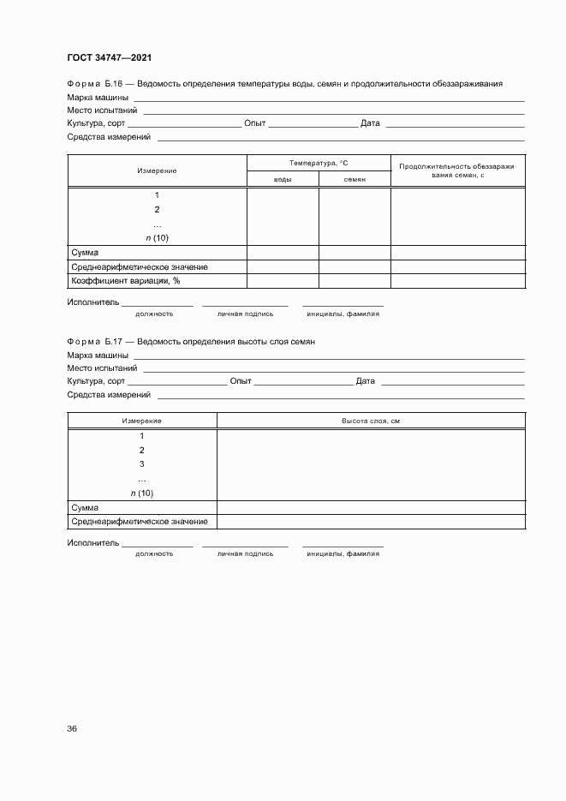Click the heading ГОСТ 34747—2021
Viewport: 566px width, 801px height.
point(109,58)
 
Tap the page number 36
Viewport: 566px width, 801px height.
point(72,729)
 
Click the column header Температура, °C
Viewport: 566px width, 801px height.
point(319,163)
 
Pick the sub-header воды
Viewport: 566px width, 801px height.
point(283,179)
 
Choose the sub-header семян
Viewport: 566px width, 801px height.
point(354,179)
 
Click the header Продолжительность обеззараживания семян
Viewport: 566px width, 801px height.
point(458,170)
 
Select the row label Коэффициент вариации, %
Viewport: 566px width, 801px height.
point(125,280)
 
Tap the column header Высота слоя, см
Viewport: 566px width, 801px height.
point(371,421)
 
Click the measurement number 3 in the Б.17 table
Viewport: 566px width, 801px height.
point(141,464)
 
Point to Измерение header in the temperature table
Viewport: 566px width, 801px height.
point(157,170)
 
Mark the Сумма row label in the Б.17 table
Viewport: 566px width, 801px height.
point(85,507)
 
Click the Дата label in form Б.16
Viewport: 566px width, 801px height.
point(370,123)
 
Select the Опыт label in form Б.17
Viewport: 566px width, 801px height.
point(241,380)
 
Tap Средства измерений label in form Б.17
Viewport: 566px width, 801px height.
point(109,394)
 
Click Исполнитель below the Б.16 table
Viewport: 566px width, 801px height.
point(92,303)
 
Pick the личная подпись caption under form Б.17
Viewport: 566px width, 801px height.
point(245,554)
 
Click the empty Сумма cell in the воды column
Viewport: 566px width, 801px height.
point(283,253)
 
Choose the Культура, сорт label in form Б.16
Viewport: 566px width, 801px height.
point(96,123)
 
